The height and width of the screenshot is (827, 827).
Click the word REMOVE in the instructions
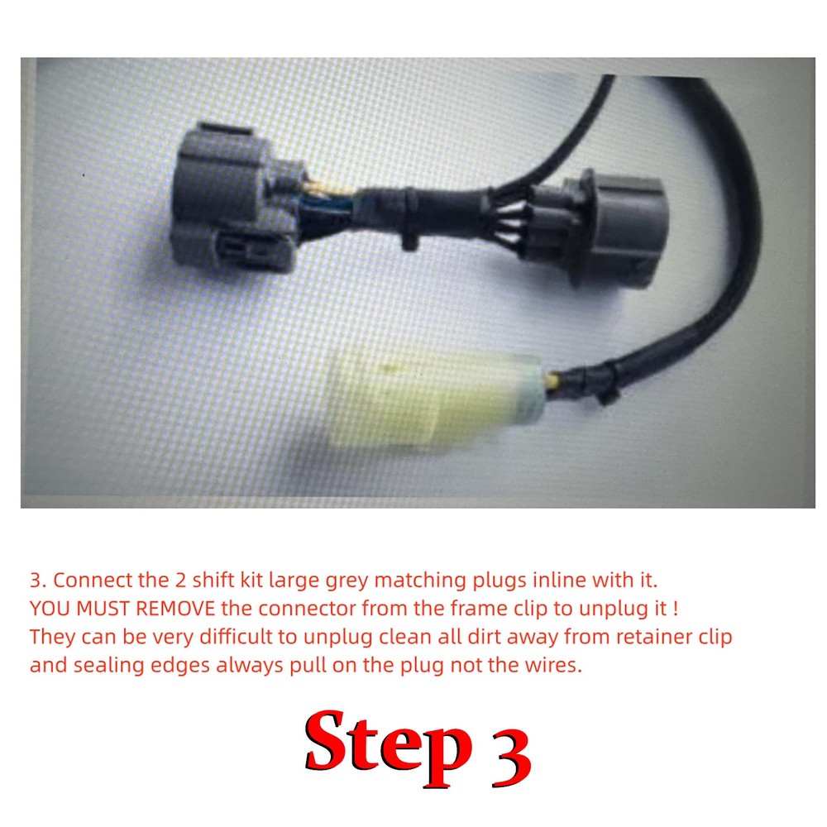pos(173,609)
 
